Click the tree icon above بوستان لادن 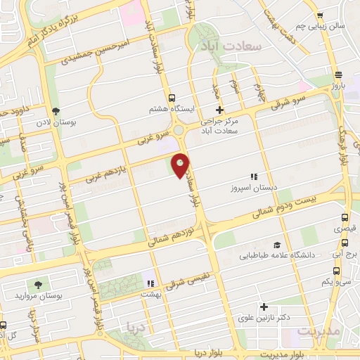coord(56,112)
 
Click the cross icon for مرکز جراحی coord(219,110)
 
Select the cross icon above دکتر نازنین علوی coord(264,307)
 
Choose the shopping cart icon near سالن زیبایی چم coord(319,15)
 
